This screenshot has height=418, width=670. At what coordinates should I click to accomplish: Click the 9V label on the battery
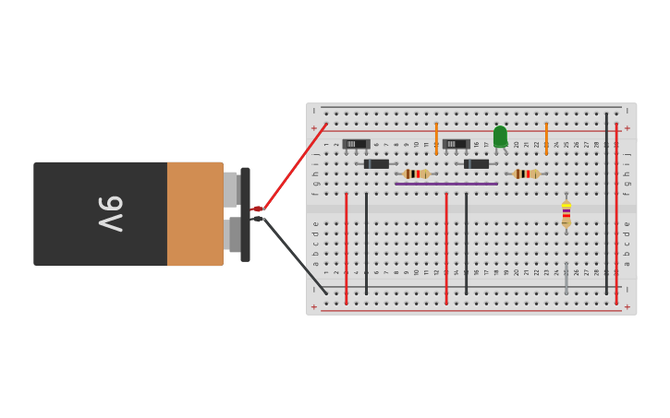pyautogui.click(x=110, y=214)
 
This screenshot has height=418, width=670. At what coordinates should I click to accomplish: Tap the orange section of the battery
pyautogui.click(x=195, y=214)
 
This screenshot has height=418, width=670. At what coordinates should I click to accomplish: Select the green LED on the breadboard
pyautogui.click(x=500, y=137)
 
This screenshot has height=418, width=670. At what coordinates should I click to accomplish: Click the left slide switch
pyautogui.click(x=356, y=144)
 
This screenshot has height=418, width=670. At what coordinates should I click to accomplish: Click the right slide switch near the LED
pyautogui.click(x=456, y=144)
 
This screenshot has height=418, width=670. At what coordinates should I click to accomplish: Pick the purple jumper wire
pyautogui.click(x=446, y=184)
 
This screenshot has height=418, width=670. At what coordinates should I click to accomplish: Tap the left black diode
pyautogui.click(x=376, y=164)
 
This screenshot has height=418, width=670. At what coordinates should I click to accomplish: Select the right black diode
pyautogui.click(x=476, y=164)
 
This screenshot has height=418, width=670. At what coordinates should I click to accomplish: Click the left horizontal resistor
pyautogui.click(x=416, y=173)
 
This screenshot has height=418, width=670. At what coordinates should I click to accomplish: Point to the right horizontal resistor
pyautogui.click(x=526, y=173)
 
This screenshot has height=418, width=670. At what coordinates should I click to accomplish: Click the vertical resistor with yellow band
pyautogui.click(x=566, y=214)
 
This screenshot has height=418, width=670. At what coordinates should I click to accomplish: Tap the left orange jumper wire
pyautogui.click(x=436, y=137)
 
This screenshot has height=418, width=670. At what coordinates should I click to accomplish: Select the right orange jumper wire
pyautogui.click(x=546, y=137)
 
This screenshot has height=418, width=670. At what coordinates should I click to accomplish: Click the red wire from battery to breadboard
pyautogui.click(x=294, y=166)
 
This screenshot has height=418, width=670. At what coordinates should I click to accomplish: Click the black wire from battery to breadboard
pyautogui.click(x=294, y=257)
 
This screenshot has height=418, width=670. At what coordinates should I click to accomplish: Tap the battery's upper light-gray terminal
pyautogui.click(x=230, y=189)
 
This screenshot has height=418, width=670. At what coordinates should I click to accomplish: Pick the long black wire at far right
pyautogui.click(x=606, y=203)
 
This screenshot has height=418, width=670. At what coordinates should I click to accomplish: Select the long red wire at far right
pyautogui.click(x=616, y=212)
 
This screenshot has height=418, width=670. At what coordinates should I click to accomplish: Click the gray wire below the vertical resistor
pyautogui.click(x=566, y=277)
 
